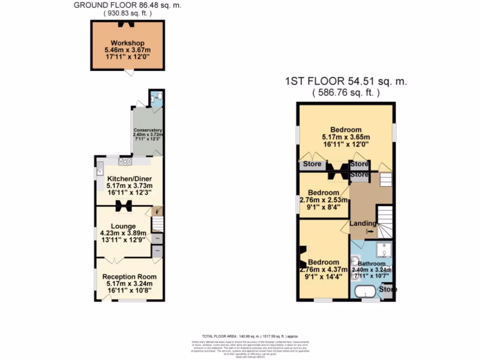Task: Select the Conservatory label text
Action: (x=148, y=130)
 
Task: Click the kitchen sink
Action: (x=100, y=172)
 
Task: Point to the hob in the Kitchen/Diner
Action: (x=125, y=161)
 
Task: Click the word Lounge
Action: (x=123, y=226)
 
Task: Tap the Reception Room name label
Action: (x=129, y=277)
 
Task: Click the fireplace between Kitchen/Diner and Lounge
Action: (x=124, y=206)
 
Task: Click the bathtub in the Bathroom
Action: (x=364, y=292)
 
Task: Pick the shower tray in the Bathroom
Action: (x=384, y=250)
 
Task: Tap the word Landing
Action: (x=362, y=223)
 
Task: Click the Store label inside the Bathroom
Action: (x=388, y=289)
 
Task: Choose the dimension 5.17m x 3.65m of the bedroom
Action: (x=346, y=137)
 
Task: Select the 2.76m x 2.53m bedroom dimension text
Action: (x=323, y=200)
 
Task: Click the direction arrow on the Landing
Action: (x=371, y=231)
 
